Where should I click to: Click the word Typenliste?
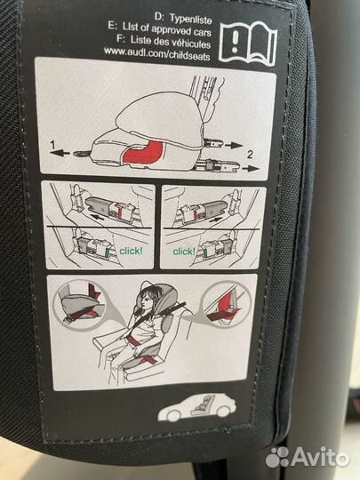(190, 19)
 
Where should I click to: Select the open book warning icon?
(248, 44)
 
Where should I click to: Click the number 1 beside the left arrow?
(53, 144)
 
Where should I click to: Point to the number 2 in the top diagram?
(250, 155)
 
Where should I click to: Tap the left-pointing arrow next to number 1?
(60, 152)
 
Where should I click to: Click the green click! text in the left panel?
(131, 251)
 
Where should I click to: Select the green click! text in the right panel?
(184, 252)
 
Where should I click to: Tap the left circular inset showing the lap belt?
(79, 304)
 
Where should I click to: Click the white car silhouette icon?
(196, 407)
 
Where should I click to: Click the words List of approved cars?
(167, 30)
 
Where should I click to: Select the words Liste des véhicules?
(171, 43)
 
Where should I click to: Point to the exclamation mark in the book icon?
(235, 42)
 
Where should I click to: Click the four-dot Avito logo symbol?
(277, 458)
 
